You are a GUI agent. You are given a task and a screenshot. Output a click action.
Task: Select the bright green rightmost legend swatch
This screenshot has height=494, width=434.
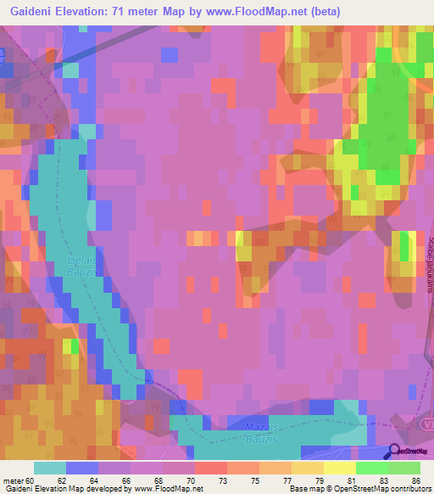click(404, 468)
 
